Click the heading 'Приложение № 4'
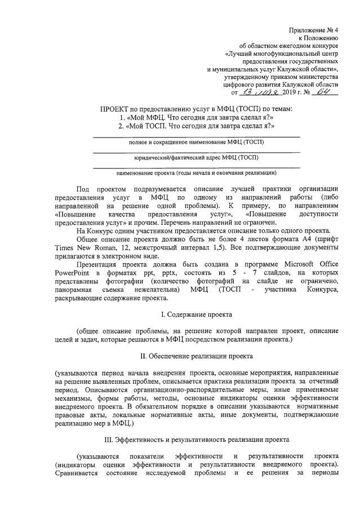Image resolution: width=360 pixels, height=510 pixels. tap(314, 29)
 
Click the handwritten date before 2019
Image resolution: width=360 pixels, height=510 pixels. tap(255, 92)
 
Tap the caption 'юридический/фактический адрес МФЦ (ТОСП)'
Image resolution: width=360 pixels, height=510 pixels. tap(196, 157)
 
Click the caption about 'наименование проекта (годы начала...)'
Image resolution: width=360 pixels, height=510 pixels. tap(196, 172)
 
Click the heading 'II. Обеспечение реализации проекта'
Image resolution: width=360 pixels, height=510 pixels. tap(196, 356)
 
